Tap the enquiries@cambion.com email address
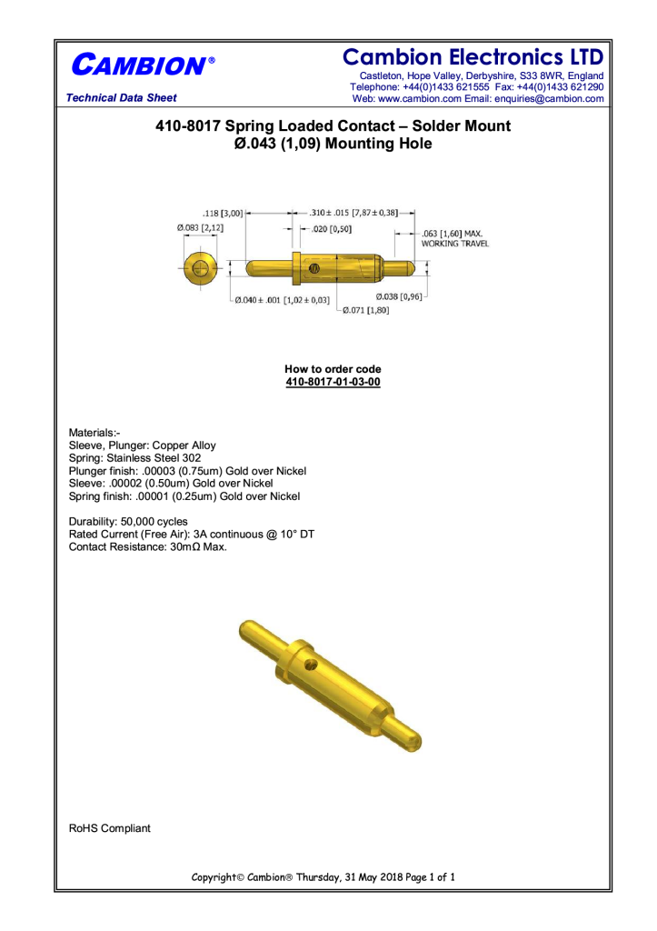(x=543, y=98)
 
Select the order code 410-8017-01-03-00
(x=333, y=383)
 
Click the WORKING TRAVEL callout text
(x=454, y=245)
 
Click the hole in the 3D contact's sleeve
(x=312, y=665)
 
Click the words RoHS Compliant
(x=110, y=828)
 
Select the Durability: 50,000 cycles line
(x=128, y=522)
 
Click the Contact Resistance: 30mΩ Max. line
(x=148, y=547)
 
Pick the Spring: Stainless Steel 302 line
(x=135, y=458)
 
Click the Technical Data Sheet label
(x=115, y=98)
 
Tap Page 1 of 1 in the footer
(x=429, y=877)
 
